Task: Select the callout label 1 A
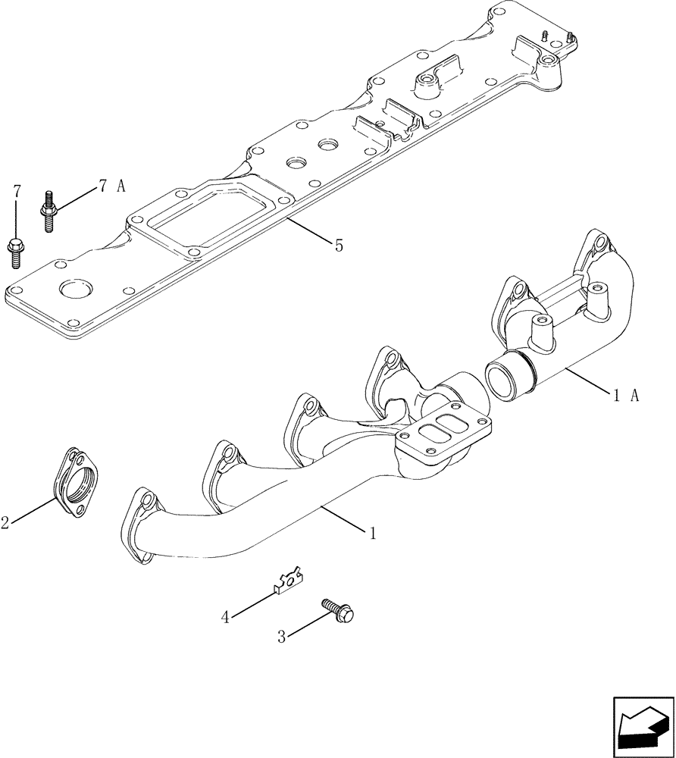(x=626, y=393)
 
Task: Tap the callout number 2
(x=5, y=522)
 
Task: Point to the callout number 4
(x=225, y=618)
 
